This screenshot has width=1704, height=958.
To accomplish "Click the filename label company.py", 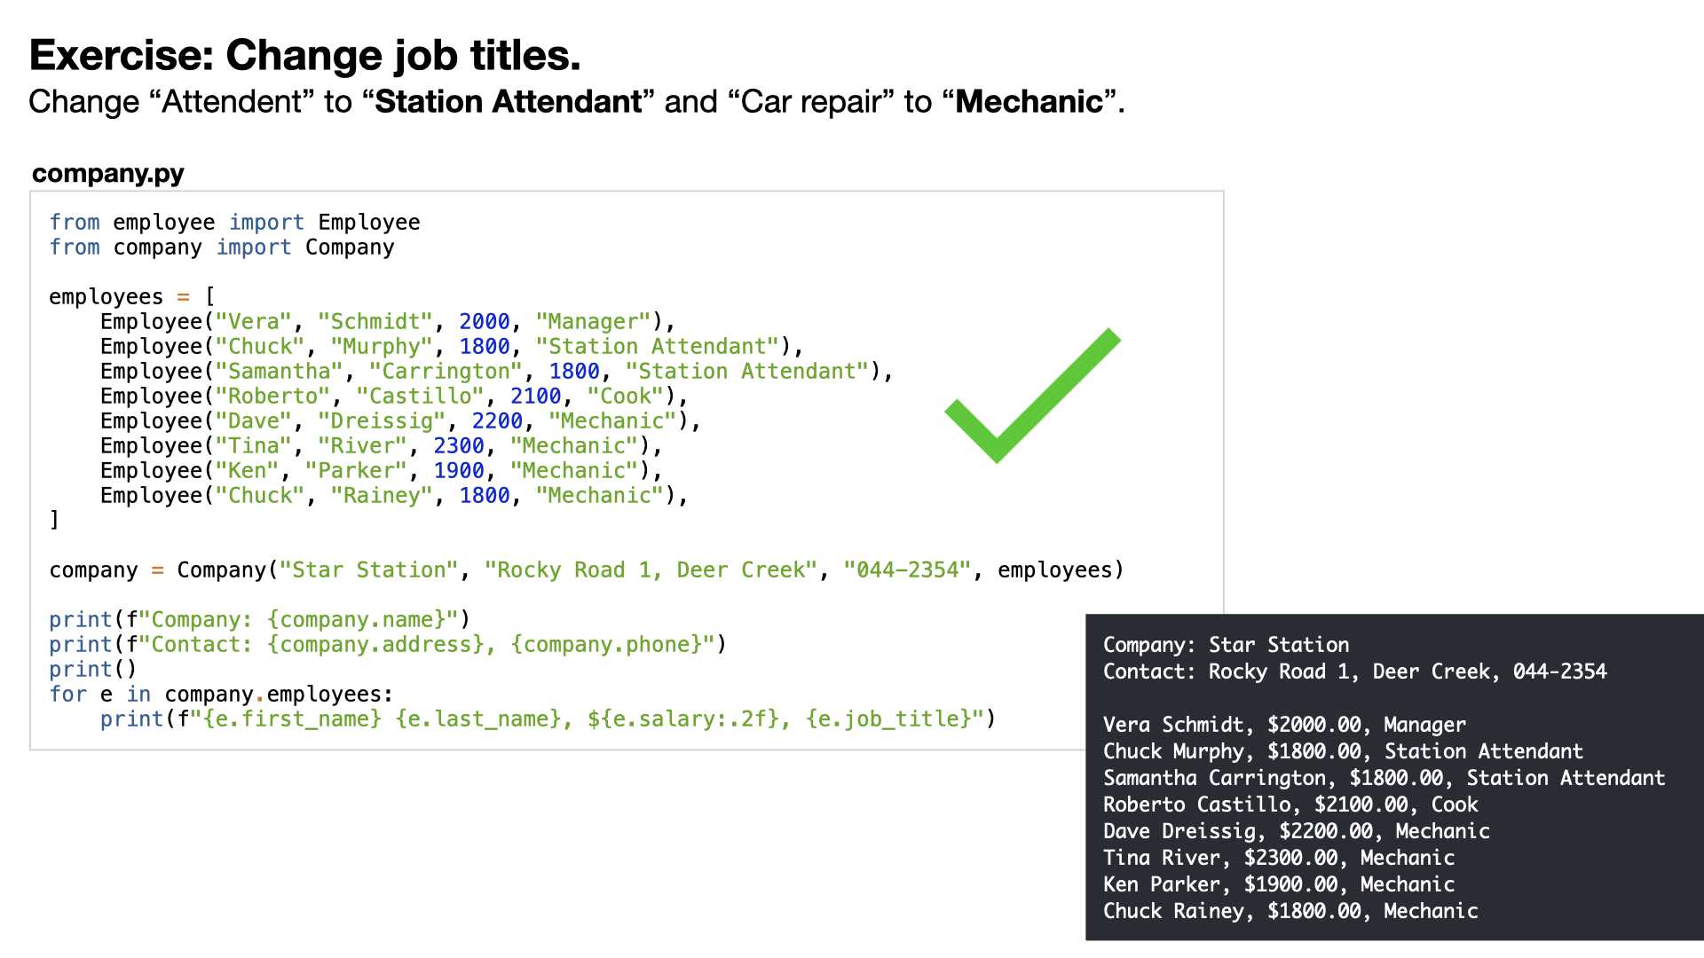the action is tap(108, 173).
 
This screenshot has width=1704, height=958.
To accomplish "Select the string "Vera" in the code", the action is tap(254, 322).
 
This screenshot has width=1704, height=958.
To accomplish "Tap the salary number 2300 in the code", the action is tap(459, 446).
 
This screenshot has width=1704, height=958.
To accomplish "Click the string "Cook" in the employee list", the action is tap(626, 397).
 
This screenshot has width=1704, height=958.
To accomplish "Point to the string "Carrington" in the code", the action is tap(446, 372).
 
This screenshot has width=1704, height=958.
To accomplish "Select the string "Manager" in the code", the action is tap(594, 322).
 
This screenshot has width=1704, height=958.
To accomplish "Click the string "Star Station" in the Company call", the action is tap(369, 570).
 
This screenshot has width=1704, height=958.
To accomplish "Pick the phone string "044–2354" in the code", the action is tap(908, 570).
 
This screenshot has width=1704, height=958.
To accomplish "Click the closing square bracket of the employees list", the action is tap(54, 520).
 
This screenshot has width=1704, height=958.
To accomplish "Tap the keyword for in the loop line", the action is tap(68, 695).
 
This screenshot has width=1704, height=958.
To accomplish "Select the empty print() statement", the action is tap(93, 670).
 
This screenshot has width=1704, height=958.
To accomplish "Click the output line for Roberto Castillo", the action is tap(1290, 805).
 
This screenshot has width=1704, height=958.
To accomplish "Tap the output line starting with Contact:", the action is tap(1354, 671).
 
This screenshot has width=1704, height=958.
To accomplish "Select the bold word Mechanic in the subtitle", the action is tap(1029, 102).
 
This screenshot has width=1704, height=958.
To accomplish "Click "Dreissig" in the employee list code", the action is tap(382, 421).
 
